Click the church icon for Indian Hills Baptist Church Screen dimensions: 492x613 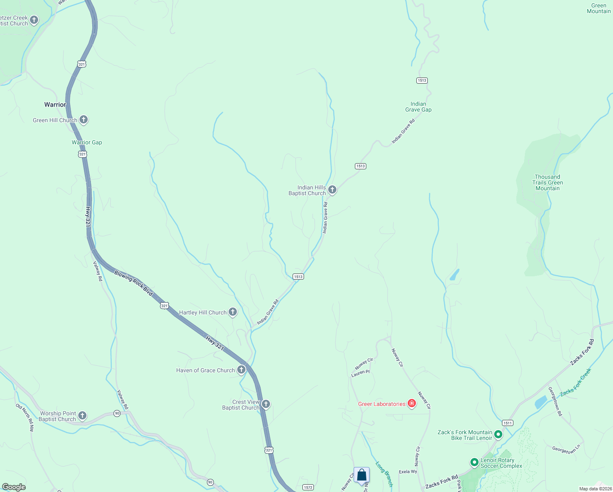click(332, 190)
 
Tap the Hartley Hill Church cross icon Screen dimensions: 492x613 click(233, 312)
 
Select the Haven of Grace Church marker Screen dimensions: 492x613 click(241, 370)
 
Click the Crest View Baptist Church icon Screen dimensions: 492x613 click(266, 405)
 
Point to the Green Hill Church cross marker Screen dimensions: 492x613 click(84, 120)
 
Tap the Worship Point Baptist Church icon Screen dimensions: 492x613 click(82, 416)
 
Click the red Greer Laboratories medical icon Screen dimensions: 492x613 click(412, 404)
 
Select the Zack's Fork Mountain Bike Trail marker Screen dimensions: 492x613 click(498, 435)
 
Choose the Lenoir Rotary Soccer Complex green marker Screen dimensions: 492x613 click(474, 462)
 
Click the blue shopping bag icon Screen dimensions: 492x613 click(362, 475)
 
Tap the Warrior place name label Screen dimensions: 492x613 click(55, 105)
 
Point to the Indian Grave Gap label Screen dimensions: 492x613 click(418, 107)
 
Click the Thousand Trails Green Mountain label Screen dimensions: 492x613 click(547, 183)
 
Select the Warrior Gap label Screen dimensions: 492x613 click(87, 142)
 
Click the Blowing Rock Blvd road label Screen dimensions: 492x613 click(133, 283)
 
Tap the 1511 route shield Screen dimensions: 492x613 click(508, 423)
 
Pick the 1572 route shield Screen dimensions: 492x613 click(308, 487)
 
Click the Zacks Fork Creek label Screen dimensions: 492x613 click(576, 382)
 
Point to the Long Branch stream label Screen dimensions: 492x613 click(384, 474)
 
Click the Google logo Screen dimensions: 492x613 click(14, 487)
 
